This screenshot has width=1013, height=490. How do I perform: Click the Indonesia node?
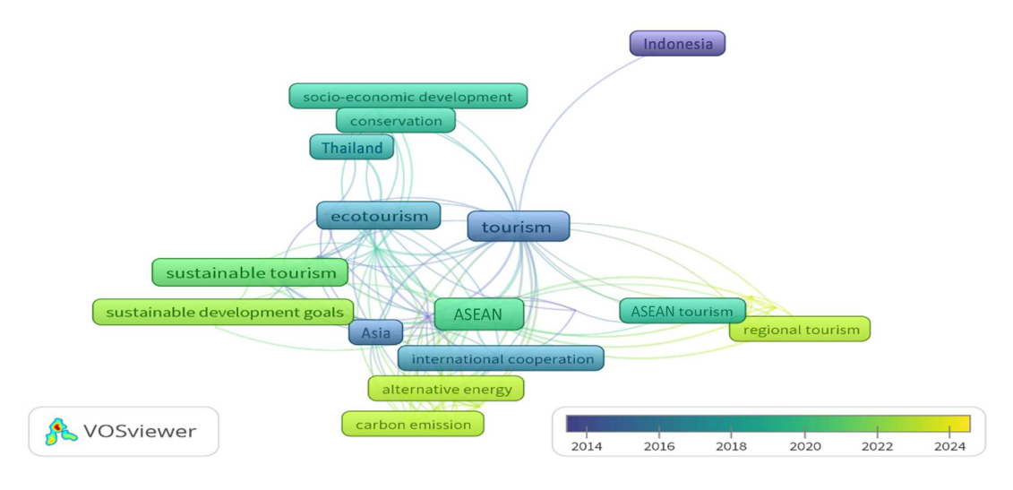click(677, 43)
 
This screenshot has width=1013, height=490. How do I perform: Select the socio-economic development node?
click(408, 96)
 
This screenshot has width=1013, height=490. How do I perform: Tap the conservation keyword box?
click(396, 120)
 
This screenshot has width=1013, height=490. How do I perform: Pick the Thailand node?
click(352, 148)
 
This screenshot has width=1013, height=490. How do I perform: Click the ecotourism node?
click(379, 216)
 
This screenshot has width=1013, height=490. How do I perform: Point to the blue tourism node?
click(518, 227)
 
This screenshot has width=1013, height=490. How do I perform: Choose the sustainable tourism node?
click(250, 273)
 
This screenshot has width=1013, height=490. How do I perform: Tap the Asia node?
click(376, 333)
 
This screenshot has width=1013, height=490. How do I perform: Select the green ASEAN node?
click(478, 314)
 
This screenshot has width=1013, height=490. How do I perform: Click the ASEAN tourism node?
click(682, 311)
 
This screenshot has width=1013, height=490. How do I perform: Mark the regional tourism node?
click(800, 330)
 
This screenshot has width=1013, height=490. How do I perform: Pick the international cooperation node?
click(501, 359)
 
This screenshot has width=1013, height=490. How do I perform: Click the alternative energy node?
click(446, 389)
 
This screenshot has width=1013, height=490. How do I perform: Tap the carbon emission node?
click(413, 424)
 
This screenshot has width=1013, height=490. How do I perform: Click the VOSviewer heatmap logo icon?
click(61, 431)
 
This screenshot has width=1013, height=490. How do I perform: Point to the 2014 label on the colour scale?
click(586, 446)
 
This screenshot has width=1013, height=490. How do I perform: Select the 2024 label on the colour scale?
click(949, 446)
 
